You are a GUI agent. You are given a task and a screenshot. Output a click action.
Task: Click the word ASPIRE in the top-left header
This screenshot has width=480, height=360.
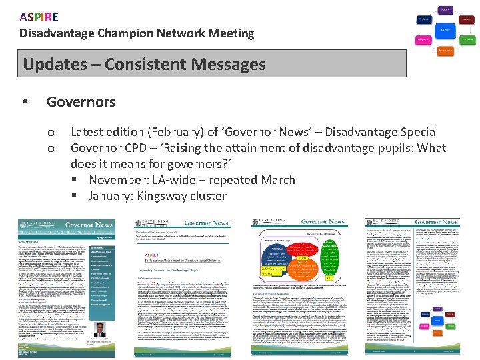pyautogui.click(x=39, y=17)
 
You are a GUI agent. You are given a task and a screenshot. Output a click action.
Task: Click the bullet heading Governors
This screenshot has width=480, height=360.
pyautogui.click(x=81, y=102)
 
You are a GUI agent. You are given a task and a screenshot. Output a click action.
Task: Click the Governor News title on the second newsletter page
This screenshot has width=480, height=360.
pyautogui.click(x=207, y=223)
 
